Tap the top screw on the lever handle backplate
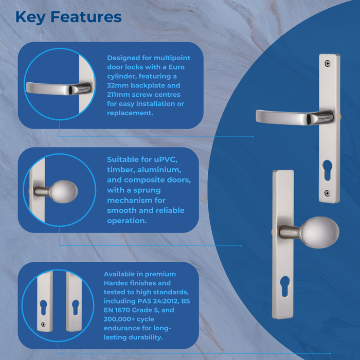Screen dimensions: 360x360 (x=328, y=64)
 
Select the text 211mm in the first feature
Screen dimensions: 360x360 (x=119, y=95)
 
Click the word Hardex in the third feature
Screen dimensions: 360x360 (x=118, y=283)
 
